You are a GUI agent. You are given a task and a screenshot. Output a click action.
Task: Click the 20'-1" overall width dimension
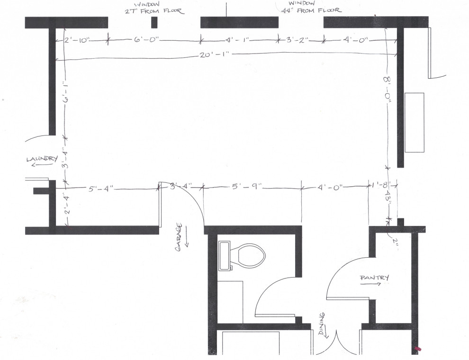[x=215, y=55]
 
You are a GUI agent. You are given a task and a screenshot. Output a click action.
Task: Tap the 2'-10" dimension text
[x=76, y=41]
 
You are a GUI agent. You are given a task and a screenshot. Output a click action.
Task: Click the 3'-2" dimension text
[x=298, y=41]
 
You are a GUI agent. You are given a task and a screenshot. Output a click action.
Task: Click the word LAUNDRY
[x=42, y=159]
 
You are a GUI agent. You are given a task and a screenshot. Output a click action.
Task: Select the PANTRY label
[x=374, y=277]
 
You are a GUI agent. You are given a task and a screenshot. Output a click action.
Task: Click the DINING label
[x=322, y=323]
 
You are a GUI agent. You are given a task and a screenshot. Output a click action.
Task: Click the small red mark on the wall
[x=417, y=350]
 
